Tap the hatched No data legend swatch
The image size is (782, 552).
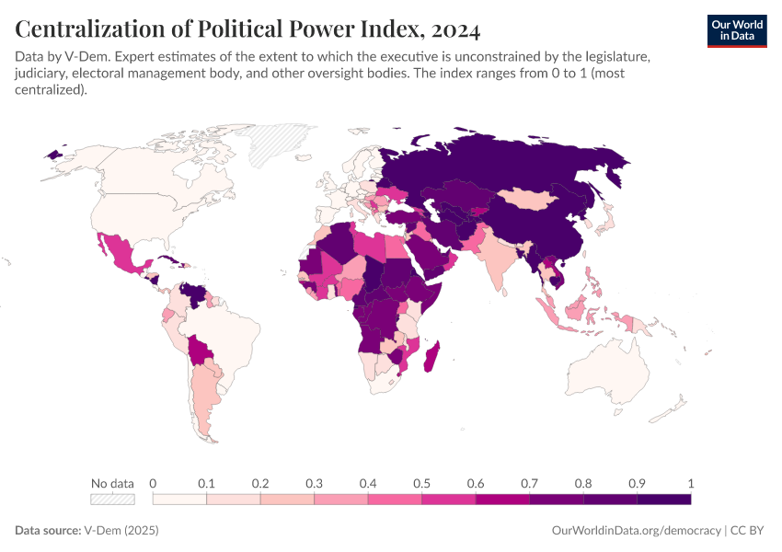point(112,500)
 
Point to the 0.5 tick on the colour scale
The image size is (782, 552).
point(421,483)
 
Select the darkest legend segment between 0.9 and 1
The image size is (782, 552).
point(663,500)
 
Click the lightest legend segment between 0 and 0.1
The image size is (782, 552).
point(179,500)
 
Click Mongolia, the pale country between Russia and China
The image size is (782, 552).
point(536,200)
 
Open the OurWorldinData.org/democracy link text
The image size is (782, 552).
point(636,531)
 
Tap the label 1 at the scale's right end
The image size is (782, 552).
point(690,483)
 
